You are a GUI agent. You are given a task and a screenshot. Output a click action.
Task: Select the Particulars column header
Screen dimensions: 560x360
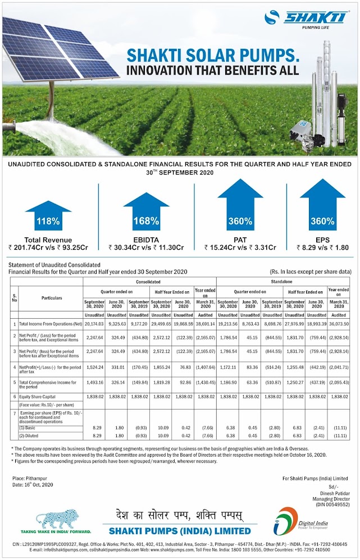(x=51, y=298)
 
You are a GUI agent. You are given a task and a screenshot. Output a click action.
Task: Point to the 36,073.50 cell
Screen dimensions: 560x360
(x=339, y=324)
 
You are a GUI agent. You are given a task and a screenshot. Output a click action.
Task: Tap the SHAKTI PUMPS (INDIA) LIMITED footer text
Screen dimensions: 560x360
(x=180, y=531)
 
